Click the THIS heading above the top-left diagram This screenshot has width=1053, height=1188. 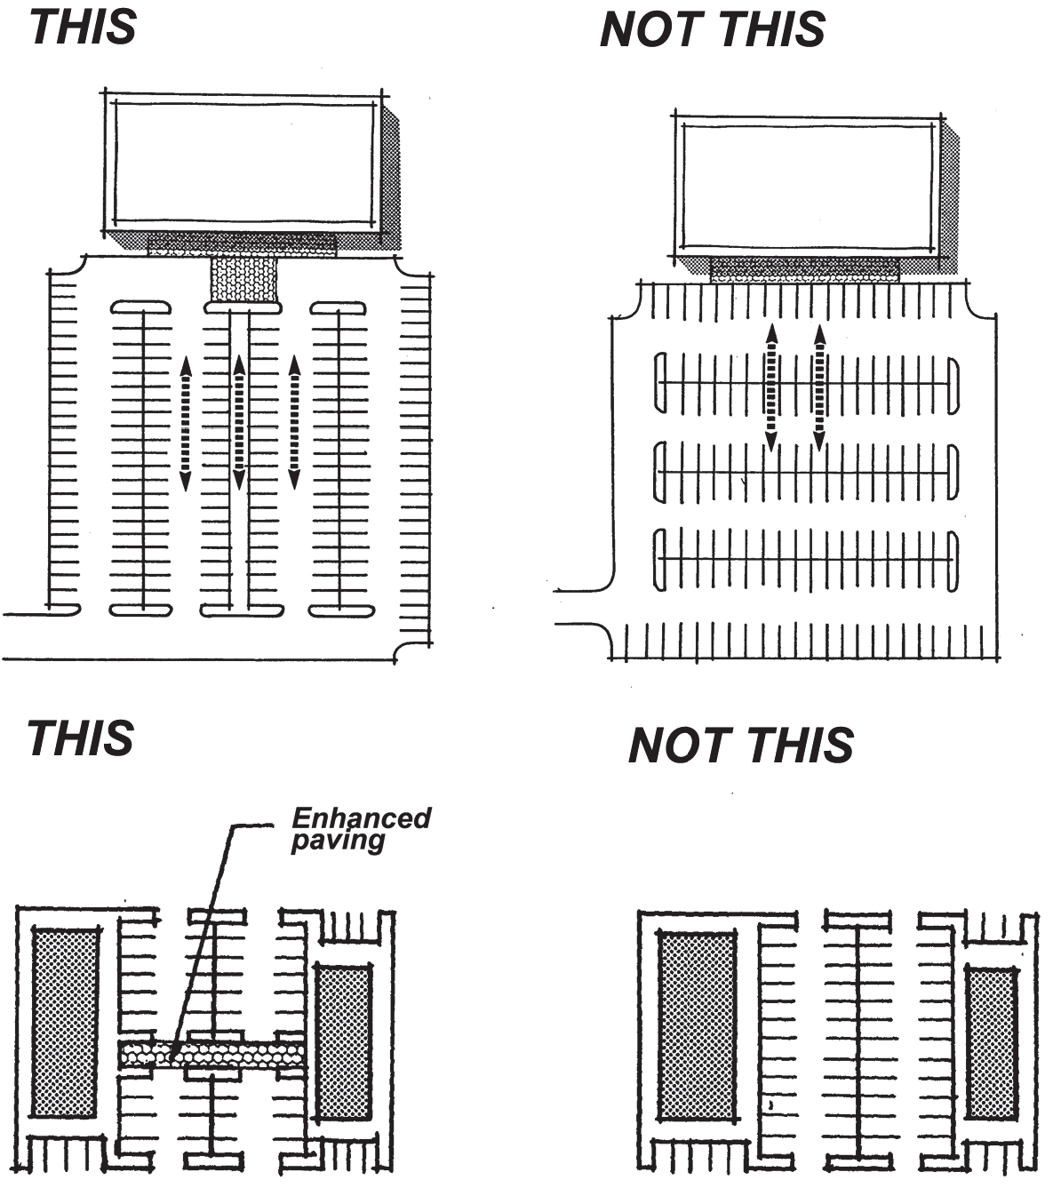[83, 27]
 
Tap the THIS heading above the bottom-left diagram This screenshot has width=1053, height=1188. [80, 738]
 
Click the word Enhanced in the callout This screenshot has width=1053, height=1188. [361, 817]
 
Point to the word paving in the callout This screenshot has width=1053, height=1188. [339, 841]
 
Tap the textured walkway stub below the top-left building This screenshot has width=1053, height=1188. [243, 279]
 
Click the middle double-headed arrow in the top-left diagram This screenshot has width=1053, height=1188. [239, 422]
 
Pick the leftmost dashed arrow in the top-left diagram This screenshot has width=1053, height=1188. [185, 423]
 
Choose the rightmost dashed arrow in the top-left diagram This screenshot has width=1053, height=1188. [294, 422]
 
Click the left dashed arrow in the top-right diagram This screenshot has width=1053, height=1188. [771, 387]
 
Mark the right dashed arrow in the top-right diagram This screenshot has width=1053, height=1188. [819, 387]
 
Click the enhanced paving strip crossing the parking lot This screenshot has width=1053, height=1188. [212, 1056]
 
